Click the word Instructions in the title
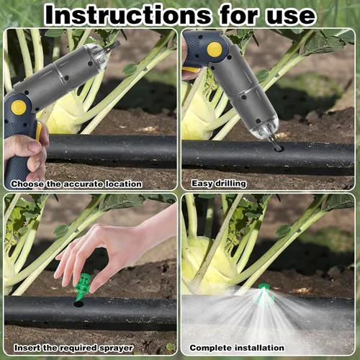point(128,15)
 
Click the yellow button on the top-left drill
point(19,107)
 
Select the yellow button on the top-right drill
point(215,50)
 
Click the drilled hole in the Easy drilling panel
point(279,149)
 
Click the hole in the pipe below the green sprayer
point(78,305)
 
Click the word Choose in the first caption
point(27,184)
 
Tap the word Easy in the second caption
point(202,184)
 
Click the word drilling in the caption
point(230,184)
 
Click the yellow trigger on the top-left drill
point(39,132)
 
